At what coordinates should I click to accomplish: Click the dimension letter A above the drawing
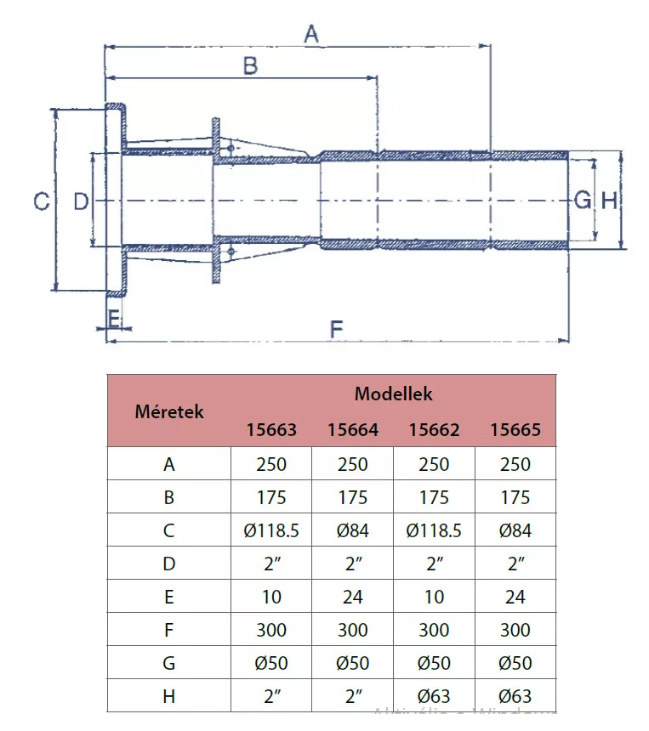[x=311, y=35]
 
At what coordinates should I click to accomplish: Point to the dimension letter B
[x=250, y=66]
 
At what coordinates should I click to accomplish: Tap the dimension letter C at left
[x=40, y=202]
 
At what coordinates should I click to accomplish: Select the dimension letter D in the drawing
[x=80, y=202]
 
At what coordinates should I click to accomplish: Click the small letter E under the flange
[x=113, y=319]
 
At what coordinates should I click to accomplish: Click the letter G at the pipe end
[x=583, y=201]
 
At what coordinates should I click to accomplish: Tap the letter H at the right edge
[x=609, y=201]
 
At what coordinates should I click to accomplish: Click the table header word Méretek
[x=169, y=412]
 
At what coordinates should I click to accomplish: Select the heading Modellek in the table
[x=393, y=394]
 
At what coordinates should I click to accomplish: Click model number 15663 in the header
[x=271, y=430]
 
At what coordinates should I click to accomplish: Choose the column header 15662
[x=434, y=430]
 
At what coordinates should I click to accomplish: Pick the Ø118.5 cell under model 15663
[x=271, y=531]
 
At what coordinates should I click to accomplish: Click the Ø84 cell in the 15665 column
[x=515, y=531]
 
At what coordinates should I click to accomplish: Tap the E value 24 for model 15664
[x=352, y=598]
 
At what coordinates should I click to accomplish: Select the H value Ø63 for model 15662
[x=434, y=696]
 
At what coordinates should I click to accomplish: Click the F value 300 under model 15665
[x=515, y=631]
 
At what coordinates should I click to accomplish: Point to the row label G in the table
[x=168, y=664]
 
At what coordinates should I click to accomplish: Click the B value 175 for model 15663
[x=271, y=498]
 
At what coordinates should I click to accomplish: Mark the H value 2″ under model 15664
[x=352, y=696]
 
